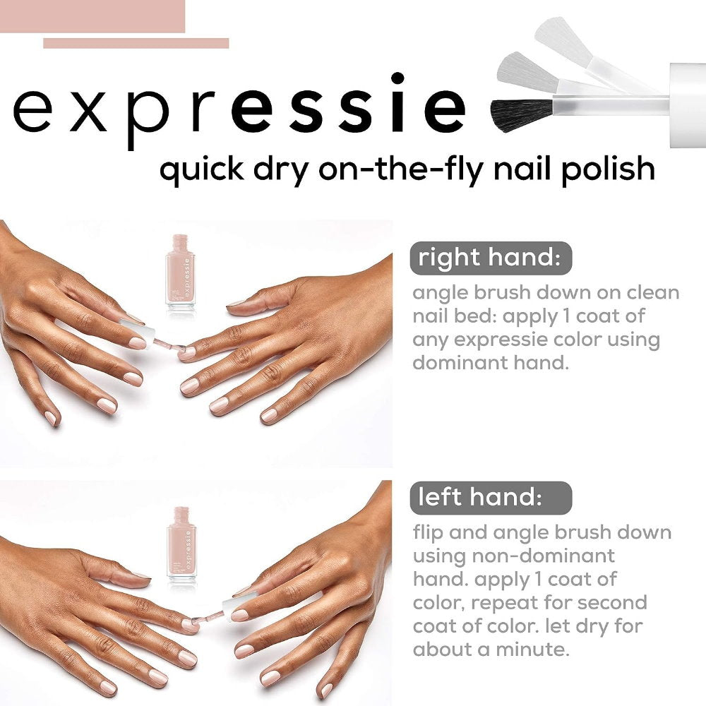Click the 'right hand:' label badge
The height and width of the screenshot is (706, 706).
click(x=491, y=258)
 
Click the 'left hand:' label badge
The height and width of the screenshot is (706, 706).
click(x=491, y=498)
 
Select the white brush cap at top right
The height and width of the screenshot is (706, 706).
click(x=687, y=106)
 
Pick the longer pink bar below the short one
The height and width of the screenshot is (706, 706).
click(x=136, y=43)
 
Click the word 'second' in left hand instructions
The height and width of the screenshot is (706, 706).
click(x=608, y=603)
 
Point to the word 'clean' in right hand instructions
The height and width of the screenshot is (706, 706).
click(x=643, y=292)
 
